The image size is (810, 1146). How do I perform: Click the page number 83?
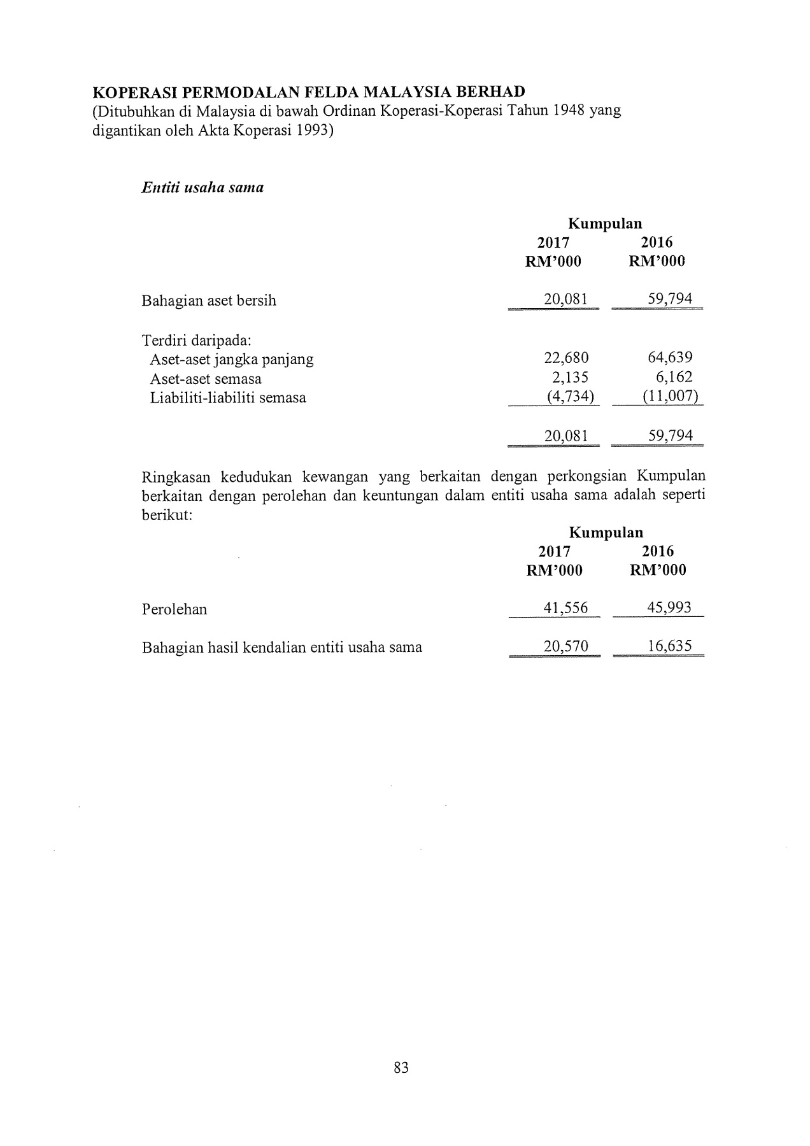coord(401,1068)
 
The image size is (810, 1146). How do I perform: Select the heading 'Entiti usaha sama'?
coord(202,188)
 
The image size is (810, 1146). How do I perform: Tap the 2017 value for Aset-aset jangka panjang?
coord(566,358)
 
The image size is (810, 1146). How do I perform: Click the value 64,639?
coord(670,358)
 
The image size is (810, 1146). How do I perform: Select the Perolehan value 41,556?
coord(565,609)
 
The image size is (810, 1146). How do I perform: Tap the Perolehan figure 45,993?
coord(669,608)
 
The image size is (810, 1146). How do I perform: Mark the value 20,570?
coord(566,647)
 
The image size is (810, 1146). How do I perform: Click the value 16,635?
coord(670,647)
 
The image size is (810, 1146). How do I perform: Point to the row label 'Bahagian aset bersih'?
coord(209,301)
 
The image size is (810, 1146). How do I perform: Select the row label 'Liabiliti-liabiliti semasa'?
coord(228,398)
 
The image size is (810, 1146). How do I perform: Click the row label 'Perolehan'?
coord(174,609)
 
